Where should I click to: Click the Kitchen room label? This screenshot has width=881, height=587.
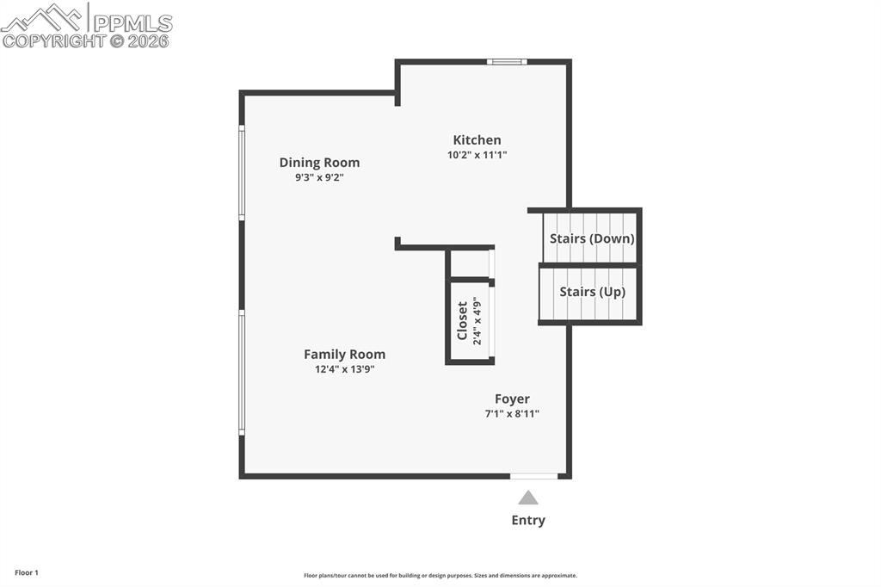click(x=477, y=140)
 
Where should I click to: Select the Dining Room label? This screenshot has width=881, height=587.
click(x=319, y=163)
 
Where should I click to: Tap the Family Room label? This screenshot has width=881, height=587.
click(x=344, y=355)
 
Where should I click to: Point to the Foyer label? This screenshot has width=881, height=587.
click(x=512, y=399)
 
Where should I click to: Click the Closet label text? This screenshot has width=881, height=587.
click(x=463, y=321)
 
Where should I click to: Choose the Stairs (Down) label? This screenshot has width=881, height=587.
click(x=592, y=238)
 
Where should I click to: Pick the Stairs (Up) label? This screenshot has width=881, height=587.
click(x=592, y=292)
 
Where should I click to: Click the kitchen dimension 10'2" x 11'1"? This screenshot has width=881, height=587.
click(x=477, y=156)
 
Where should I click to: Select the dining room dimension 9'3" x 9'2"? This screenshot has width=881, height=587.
click(x=319, y=177)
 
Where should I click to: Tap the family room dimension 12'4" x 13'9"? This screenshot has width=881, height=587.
click(x=344, y=369)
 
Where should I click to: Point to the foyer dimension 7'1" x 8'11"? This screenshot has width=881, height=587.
click(x=512, y=414)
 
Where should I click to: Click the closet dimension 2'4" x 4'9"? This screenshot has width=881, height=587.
click(x=477, y=321)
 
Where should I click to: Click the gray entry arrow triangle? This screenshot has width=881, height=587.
click(x=528, y=497)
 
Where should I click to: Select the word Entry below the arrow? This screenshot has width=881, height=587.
click(x=528, y=520)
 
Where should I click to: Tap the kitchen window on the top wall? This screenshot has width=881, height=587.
click(x=507, y=62)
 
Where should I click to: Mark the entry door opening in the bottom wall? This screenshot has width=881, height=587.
click(x=533, y=476)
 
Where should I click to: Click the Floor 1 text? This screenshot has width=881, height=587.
click(x=26, y=572)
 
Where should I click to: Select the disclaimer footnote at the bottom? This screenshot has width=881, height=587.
click(x=440, y=576)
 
